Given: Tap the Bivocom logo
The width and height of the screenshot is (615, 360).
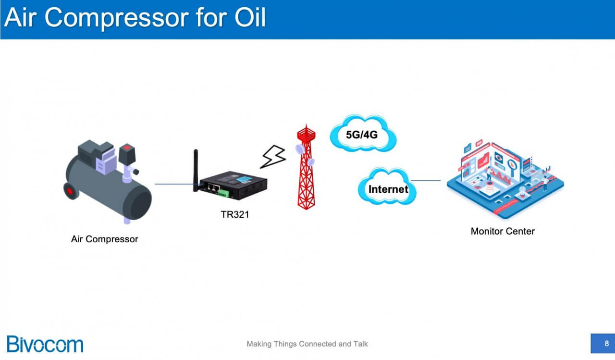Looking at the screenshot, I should point(45,344).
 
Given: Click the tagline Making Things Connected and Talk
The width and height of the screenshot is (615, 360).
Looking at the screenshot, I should point(307,344).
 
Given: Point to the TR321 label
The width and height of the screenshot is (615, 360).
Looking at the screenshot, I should point(235,215).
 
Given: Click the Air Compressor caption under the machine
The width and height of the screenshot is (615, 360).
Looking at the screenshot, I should point(104,239).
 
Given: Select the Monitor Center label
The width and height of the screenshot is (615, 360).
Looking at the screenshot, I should point(503,231).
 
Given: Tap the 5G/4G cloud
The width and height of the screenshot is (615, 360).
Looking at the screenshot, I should point(362,134).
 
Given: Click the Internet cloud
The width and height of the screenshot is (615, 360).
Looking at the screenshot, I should point(387,189).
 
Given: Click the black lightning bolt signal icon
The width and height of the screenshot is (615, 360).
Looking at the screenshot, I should point(273,157).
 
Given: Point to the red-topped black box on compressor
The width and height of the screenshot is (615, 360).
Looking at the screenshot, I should point(127,153).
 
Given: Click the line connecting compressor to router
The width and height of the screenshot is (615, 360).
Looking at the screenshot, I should point(173,184).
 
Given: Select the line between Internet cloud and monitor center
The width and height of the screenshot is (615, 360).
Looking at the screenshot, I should point(426,181).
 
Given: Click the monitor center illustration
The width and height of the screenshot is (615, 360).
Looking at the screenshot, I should point(504,178).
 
